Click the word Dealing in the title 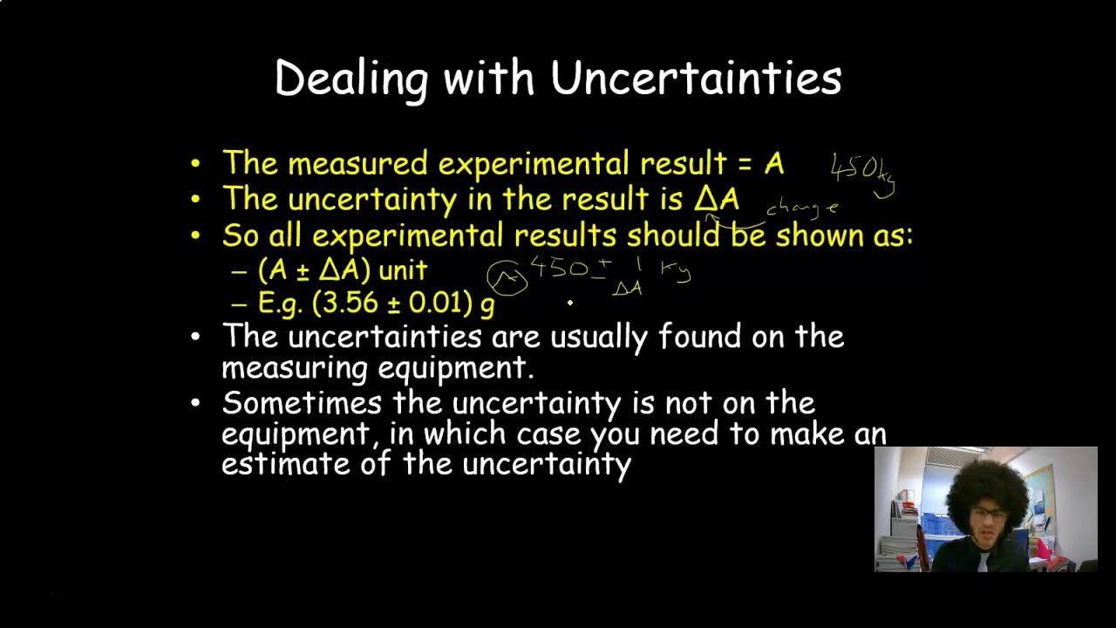350,78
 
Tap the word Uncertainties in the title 696,78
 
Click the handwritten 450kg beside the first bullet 862,169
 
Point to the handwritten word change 802,208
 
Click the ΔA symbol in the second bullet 717,199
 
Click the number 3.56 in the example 353,303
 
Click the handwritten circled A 507,278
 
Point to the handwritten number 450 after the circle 558,267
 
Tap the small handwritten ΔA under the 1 627,288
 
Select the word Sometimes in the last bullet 301,403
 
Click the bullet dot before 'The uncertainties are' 194,337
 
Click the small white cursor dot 570,303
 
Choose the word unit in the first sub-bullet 403,270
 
